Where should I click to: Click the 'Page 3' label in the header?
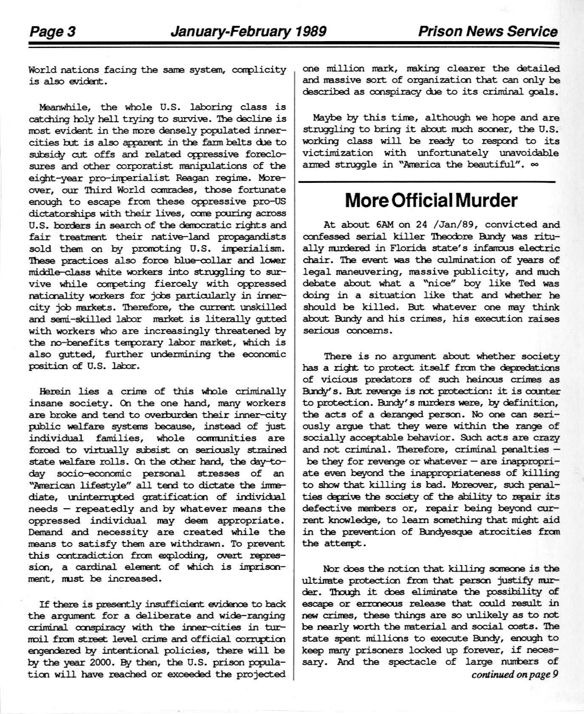click(x=52, y=32)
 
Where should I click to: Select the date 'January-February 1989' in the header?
click(x=248, y=31)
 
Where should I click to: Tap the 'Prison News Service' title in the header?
click(x=488, y=31)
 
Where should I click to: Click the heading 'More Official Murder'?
click(x=431, y=200)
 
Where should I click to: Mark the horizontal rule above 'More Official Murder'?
click(x=427, y=182)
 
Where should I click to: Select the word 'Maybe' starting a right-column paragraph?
click(x=327, y=118)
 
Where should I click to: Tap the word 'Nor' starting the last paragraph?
click(x=331, y=568)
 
